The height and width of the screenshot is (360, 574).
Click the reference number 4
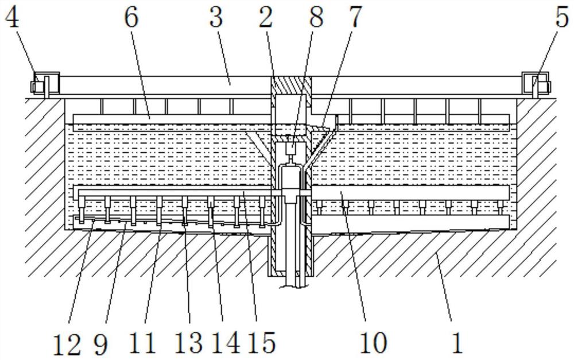click(13, 18)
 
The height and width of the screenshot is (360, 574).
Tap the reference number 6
click(131, 18)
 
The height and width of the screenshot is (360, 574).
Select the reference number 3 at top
click(215, 18)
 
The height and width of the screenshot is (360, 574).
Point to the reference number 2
click(265, 18)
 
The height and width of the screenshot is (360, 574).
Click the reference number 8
click(315, 18)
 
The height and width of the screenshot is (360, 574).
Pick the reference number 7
click(355, 18)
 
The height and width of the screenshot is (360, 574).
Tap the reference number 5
click(562, 18)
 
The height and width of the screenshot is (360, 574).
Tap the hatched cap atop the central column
click(290, 86)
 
